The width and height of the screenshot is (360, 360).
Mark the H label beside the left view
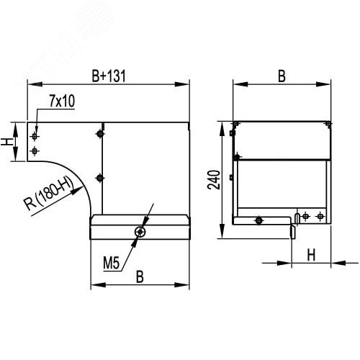(9, 135)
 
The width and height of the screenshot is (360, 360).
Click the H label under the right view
(311, 254)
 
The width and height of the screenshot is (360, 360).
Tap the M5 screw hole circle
(142, 231)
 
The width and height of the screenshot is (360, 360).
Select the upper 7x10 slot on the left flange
(34, 134)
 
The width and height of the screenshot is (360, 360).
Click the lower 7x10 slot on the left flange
(34, 150)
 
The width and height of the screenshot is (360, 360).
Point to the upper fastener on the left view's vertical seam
(99, 133)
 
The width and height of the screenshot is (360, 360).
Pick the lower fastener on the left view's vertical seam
(99, 177)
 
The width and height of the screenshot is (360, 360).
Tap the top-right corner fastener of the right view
(328, 125)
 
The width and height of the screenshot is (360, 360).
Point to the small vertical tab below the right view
(293, 230)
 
